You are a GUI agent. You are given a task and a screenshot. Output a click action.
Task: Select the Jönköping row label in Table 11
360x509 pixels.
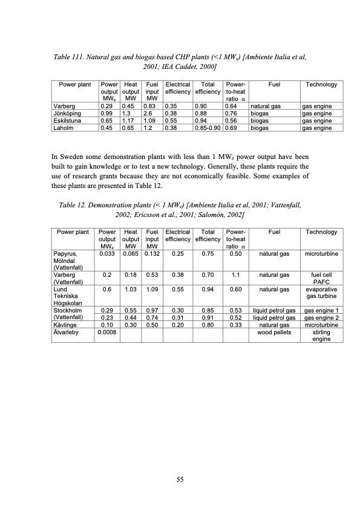point(67,113)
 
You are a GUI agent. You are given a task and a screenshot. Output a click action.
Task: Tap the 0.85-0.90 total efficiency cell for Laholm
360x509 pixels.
point(207,128)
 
